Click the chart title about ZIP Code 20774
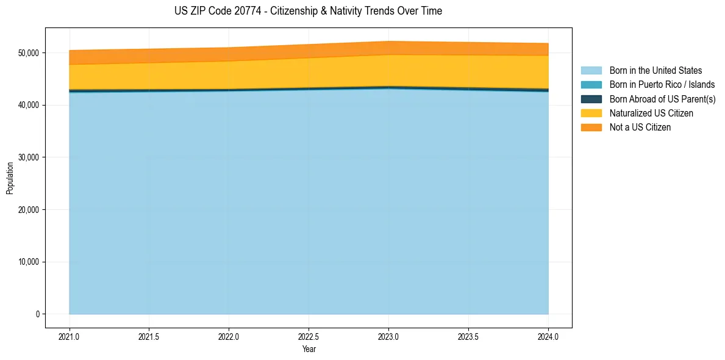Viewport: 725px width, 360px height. point(308,11)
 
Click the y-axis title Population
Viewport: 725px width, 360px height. point(10,178)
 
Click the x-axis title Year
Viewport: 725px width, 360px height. point(309,349)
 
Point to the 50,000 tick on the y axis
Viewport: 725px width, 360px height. point(27,53)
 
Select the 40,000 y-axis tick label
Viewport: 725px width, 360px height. point(27,106)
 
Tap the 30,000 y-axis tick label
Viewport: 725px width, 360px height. point(27,157)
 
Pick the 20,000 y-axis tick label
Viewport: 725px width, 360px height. point(27,210)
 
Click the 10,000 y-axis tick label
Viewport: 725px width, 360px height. point(27,262)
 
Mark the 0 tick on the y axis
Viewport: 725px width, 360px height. point(37,314)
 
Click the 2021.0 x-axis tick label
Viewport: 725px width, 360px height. point(70,336)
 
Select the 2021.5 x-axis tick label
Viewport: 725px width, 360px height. point(149,336)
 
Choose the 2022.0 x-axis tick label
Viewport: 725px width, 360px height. point(229,336)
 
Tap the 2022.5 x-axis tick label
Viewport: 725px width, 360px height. point(309,336)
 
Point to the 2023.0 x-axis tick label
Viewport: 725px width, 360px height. point(388,336)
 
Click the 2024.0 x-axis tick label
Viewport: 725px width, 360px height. point(548,336)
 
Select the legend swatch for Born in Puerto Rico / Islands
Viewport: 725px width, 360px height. point(591,85)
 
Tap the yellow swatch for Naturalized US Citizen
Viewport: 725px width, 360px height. point(591,113)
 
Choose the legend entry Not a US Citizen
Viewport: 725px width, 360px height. point(640,128)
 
